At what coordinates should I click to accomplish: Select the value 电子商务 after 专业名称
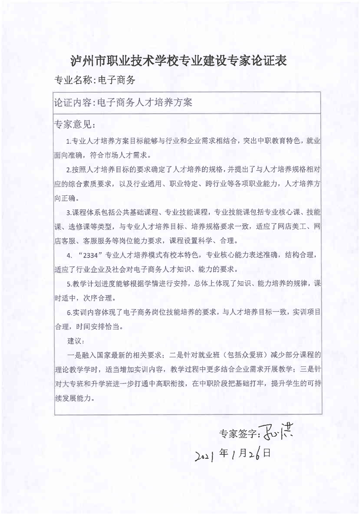(x=117, y=80)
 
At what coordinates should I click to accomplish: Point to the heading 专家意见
(x=73, y=124)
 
